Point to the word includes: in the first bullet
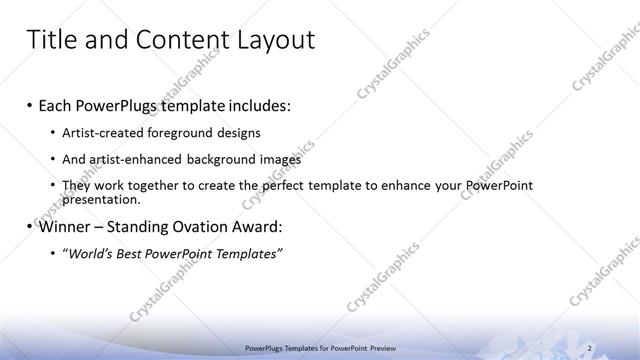click(258, 105)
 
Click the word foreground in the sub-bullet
click(181, 133)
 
